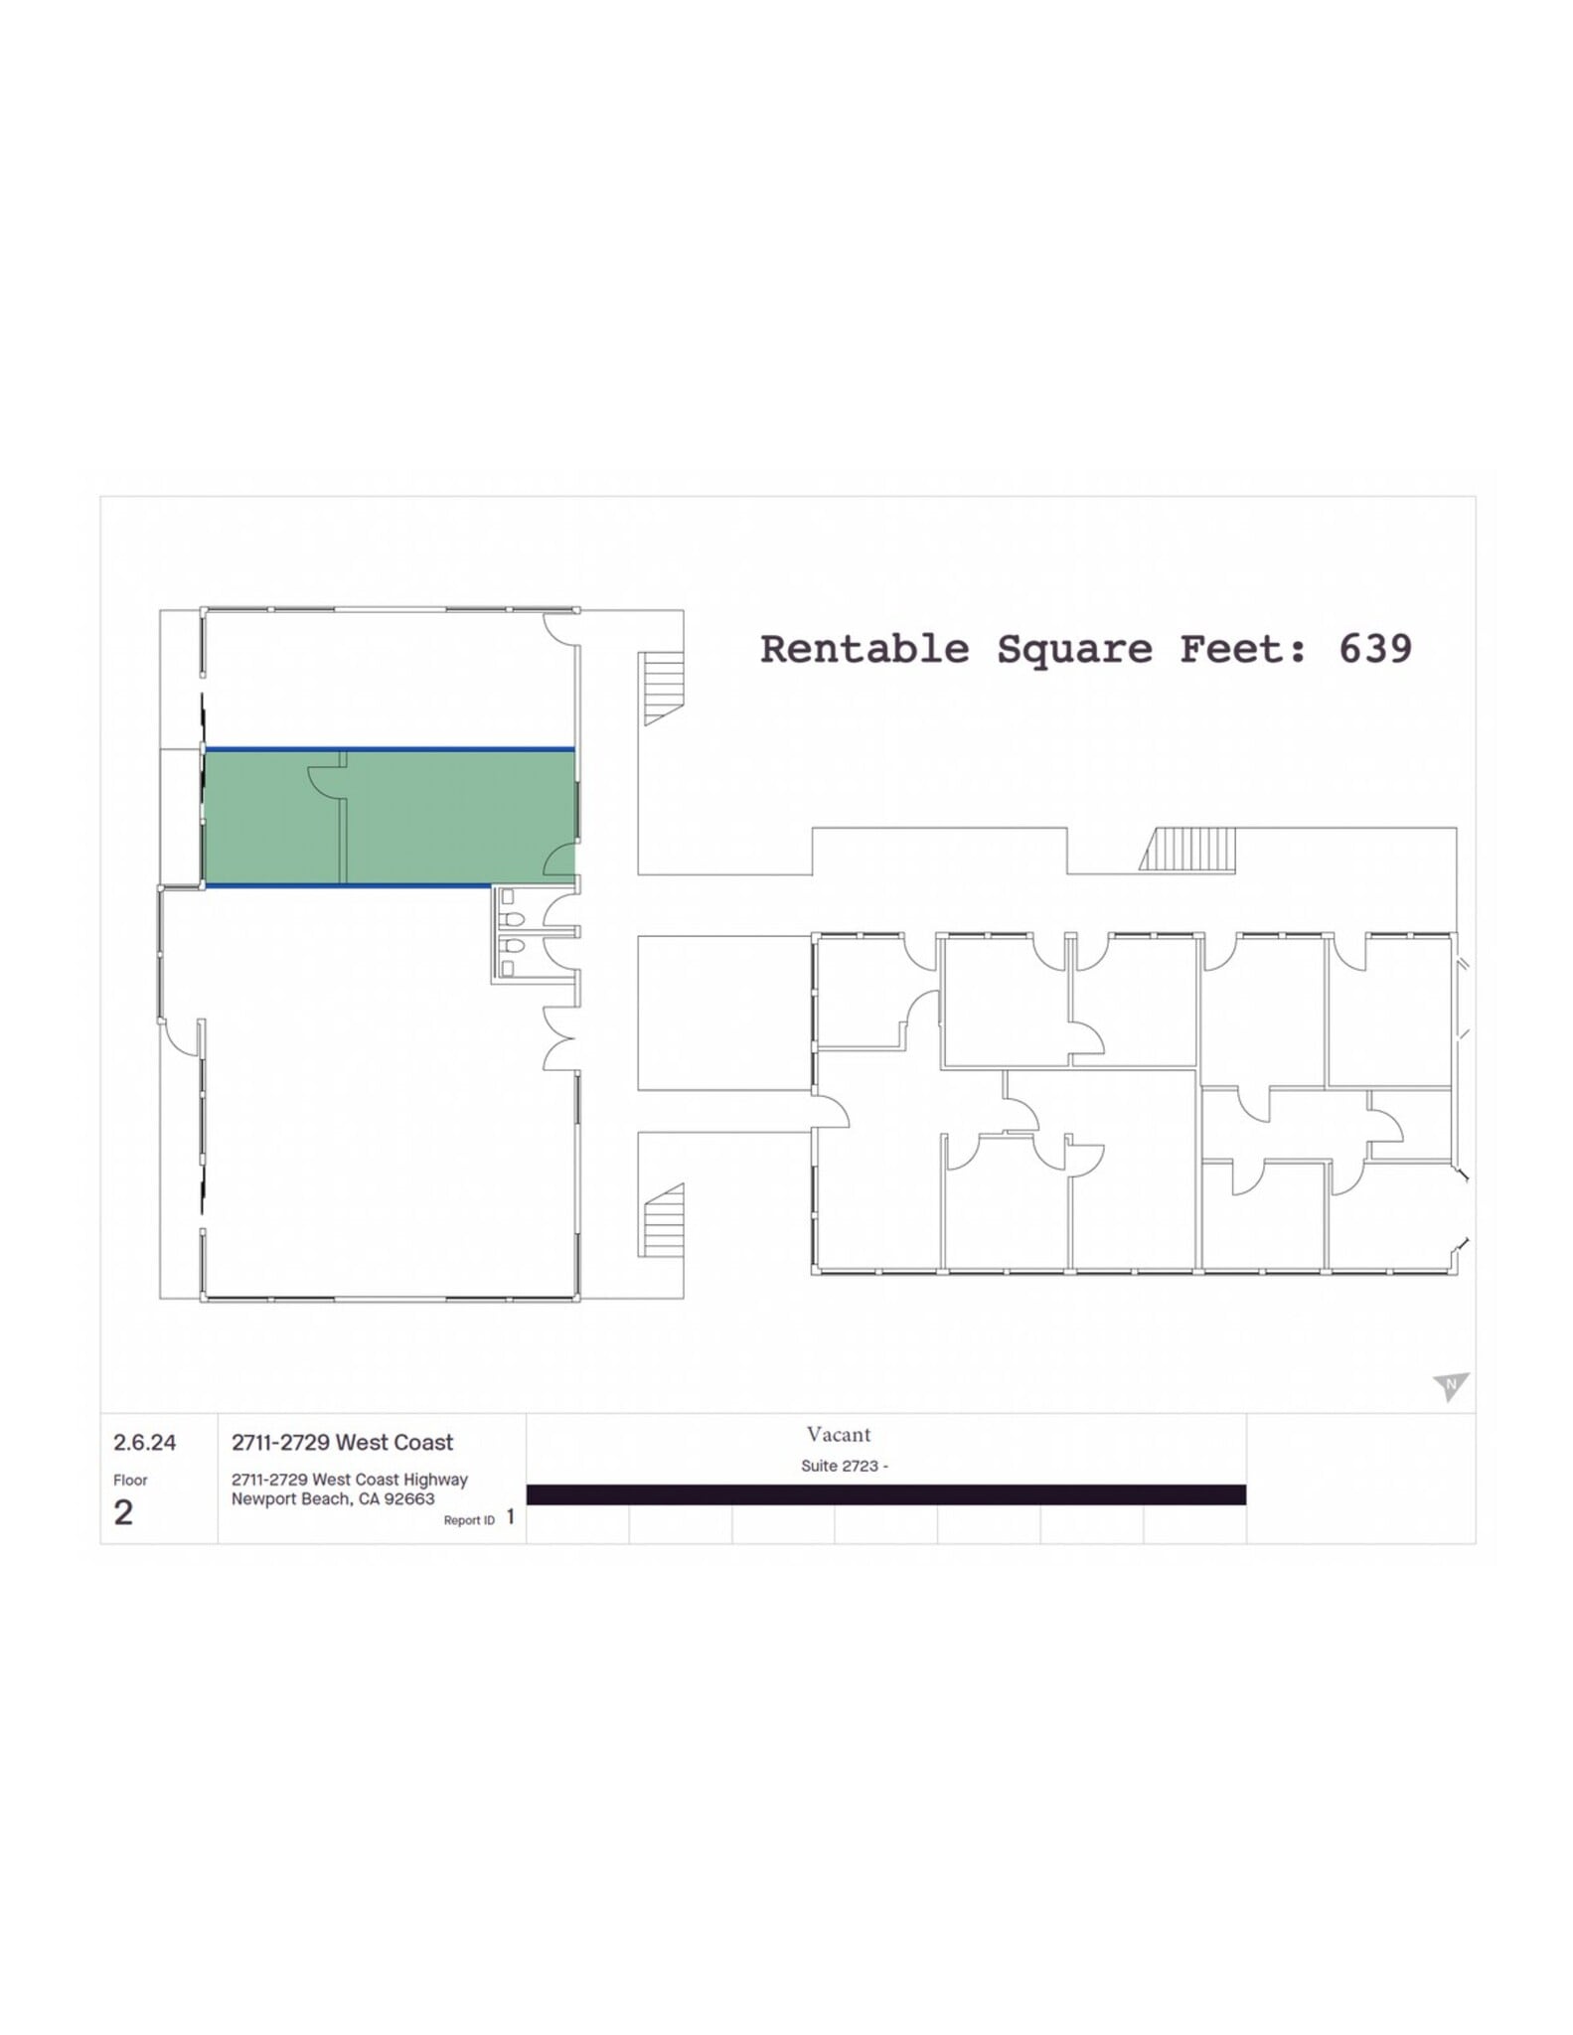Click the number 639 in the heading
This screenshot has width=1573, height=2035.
coord(1374,649)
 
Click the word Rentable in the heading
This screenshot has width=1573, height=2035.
coord(864,649)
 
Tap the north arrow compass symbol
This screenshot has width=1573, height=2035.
coord(1450,1385)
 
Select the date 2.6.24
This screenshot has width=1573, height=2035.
coord(144,1442)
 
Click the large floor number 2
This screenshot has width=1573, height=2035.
coord(123,1512)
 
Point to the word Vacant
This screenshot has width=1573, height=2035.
coord(838,1434)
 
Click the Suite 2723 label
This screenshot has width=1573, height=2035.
coord(844,1466)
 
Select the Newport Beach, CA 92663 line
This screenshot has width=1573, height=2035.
coord(333,1498)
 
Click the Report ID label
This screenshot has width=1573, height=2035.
coord(469,1520)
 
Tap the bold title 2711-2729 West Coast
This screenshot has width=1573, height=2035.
coord(342,1442)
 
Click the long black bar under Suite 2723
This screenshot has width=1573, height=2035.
coord(885,1494)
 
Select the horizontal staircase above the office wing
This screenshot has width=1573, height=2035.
coord(1188,850)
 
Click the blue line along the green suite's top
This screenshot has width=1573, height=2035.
coord(389,749)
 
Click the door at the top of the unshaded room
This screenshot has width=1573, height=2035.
coord(559,629)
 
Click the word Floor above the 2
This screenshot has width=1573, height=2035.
coord(130,1480)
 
